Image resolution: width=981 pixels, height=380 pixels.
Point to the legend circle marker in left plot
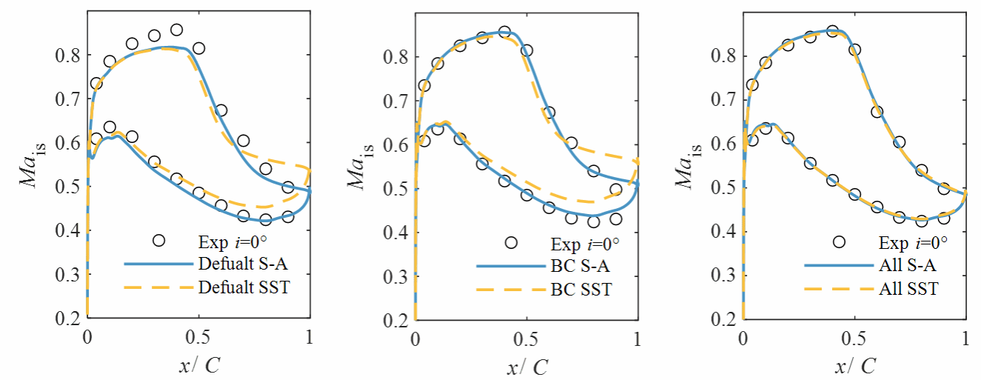coord(158,240)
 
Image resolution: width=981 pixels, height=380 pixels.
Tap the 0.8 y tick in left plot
coord(69,55)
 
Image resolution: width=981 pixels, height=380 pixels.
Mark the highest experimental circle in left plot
coord(176,30)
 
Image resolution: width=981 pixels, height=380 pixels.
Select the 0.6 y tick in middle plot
coord(397,144)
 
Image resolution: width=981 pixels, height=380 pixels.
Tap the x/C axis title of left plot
coord(199,365)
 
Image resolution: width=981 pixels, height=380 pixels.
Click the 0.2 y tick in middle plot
coord(397,321)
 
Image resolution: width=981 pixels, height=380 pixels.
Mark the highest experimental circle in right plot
coord(832,32)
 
